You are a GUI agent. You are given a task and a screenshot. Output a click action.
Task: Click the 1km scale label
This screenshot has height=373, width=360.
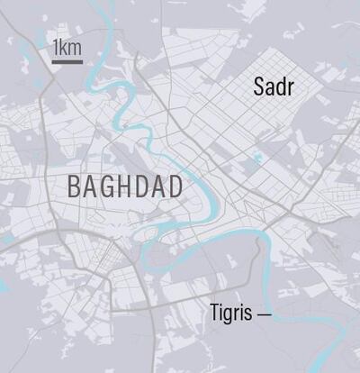[67, 47]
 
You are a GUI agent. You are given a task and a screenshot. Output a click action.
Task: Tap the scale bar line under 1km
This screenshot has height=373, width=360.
[67, 61]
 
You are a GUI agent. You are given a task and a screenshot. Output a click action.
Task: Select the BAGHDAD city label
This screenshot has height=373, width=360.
[125, 187]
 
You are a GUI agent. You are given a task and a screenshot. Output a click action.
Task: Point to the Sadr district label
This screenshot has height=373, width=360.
[274, 87]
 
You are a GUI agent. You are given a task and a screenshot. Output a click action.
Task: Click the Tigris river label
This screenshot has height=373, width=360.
[231, 314]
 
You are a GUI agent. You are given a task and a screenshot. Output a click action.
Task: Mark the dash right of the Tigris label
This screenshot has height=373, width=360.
[264, 315]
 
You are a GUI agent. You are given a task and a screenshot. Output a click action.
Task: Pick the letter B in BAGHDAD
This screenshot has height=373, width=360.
[75, 187]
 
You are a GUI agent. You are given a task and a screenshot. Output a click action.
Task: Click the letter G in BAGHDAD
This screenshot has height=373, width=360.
[109, 187]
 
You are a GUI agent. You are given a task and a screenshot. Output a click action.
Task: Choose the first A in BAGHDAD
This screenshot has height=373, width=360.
[91, 187]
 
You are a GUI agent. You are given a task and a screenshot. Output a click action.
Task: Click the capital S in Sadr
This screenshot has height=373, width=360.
[260, 87]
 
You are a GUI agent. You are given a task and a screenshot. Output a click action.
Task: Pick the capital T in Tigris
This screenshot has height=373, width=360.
[216, 314]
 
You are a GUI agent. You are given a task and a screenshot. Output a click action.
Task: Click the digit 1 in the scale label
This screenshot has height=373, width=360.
[57, 47]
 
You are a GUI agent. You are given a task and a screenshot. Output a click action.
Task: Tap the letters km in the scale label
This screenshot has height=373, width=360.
[72, 47]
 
